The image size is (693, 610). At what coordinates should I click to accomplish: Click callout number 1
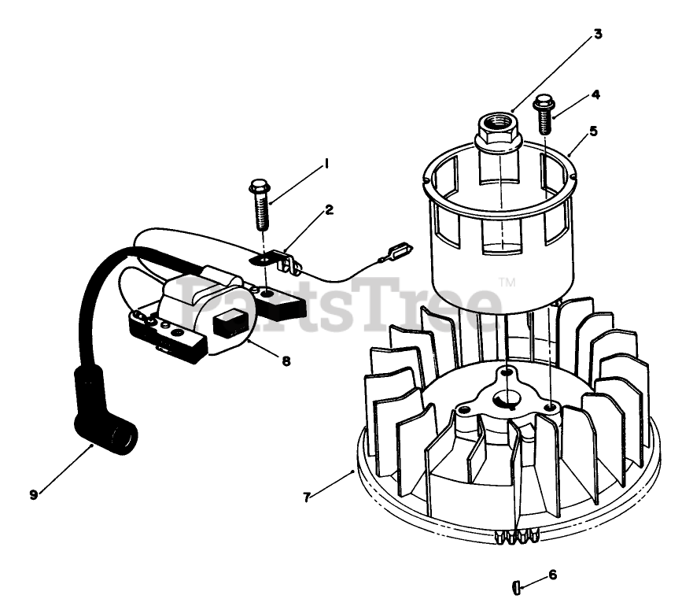(x=324, y=165)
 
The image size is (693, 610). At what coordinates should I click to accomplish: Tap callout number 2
(x=330, y=209)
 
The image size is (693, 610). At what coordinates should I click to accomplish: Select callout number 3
(x=598, y=34)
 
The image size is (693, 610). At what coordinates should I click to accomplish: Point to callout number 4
(x=595, y=94)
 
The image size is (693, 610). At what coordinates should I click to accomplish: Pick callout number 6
(x=552, y=575)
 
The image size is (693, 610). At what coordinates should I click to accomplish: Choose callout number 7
(x=308, y=497)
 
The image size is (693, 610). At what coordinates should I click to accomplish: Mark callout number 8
(x=286, y=361)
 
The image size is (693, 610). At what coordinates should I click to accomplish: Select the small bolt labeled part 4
(x=542, y=114)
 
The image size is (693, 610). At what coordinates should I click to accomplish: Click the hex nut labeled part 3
(x=499, y=131)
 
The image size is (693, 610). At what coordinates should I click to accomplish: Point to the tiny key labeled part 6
(x=515, y=586)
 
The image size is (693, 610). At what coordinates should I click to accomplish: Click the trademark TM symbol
(x=507, y=282)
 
